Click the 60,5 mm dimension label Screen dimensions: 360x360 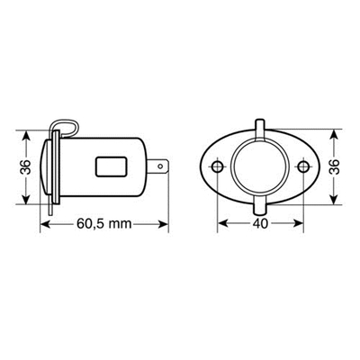(104, 223)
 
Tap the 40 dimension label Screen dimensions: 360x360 (260, 223)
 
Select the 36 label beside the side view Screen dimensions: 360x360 (26, 167)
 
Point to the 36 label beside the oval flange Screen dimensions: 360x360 (335, 166)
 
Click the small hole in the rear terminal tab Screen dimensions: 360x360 (161, 166)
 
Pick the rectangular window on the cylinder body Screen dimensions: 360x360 (111, 166)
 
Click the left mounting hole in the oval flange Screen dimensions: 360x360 (217, 166)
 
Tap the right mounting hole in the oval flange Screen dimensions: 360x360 (303, 166)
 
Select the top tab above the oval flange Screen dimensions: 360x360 (260, 129)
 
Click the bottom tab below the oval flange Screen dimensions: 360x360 (260, 205)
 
